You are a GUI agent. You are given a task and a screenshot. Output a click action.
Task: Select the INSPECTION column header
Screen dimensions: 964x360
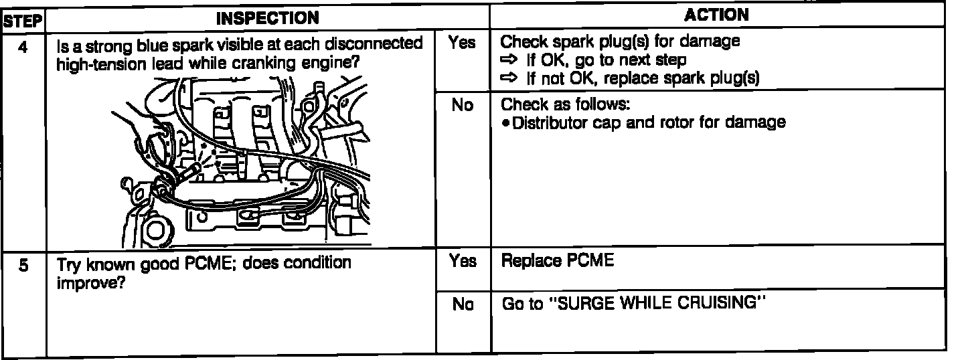point(267,17)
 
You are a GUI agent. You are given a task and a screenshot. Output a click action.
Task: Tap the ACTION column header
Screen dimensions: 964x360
point(718,15)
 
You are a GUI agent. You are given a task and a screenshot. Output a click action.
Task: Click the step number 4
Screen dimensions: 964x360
point(23,48)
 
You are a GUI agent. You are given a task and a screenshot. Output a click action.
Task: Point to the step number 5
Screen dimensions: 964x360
point(23,266)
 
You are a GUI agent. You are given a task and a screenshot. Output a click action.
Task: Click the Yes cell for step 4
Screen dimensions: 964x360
point(462,43)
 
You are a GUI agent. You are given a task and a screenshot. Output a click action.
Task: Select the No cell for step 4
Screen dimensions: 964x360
point(462,106)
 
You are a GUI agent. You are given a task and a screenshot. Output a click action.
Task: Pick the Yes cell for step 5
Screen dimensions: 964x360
point(462,262)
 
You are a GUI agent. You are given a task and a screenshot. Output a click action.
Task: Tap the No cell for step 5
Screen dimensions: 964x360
point(462,304)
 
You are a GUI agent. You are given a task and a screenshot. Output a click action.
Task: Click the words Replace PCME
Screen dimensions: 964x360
point(557,262)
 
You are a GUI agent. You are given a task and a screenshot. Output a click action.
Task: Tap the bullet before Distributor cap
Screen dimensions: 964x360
point(506,123)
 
